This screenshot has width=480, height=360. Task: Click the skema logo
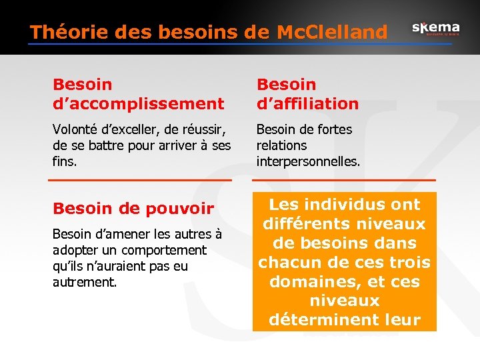435,29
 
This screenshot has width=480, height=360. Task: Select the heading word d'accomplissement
139,103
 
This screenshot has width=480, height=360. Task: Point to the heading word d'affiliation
307,103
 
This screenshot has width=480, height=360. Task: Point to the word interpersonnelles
308,161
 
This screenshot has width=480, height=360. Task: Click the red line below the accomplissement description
140,180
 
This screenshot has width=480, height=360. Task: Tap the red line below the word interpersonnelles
344,180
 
